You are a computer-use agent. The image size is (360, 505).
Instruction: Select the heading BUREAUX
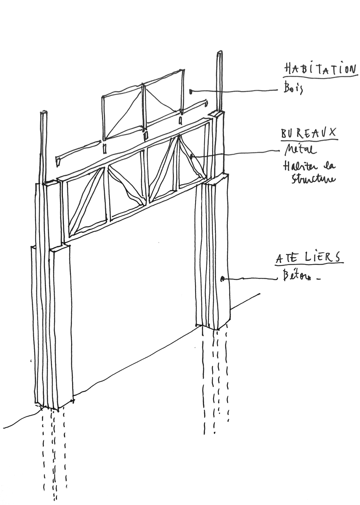309,133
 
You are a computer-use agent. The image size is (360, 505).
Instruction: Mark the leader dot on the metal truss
192,156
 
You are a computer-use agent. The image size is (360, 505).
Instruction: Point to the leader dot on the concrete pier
222,279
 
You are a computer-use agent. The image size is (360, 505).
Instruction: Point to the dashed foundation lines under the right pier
216,379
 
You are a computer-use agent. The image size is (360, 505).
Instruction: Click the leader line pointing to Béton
251,279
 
